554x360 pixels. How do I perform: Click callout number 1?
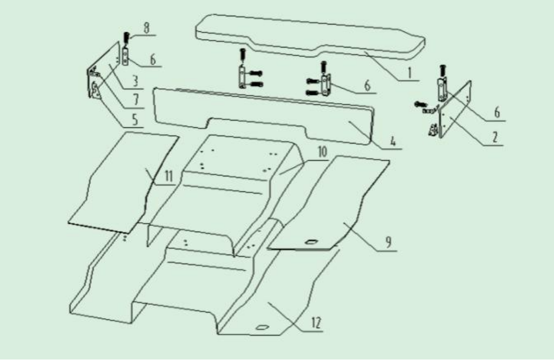[x=410, y=73]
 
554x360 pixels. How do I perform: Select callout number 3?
[x=135, y=81]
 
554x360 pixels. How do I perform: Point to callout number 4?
[x=393, y=141]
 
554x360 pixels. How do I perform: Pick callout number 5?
[x=135, y=119]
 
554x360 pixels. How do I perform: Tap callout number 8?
[x=146, y=28]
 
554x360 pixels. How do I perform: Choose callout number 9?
[x=388, y=243]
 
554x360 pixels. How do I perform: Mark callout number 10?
[x=322, y=152]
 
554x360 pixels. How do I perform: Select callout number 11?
[x=169, y=176]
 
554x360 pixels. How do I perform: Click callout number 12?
[x=317, y=323]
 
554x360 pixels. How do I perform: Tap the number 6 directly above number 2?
[x=497, y=113]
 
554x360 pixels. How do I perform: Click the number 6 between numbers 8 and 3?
[x=153, y=59]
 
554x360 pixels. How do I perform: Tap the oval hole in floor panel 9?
[x=311, y=242]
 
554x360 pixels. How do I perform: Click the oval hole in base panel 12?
[x=262, y=328]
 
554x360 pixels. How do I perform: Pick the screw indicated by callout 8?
[x=126, y=39]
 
